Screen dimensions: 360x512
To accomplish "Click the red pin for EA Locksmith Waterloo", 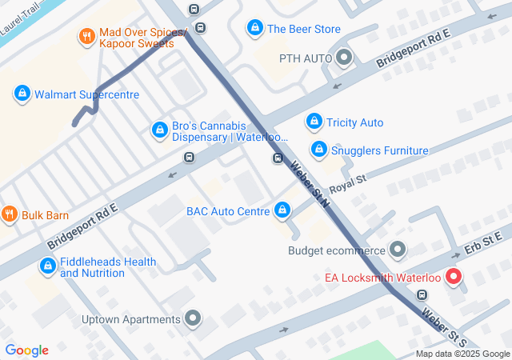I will [453, 277].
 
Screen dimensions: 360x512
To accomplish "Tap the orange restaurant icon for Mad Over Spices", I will [86, 36].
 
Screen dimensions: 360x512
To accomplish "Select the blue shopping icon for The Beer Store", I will [254, 29].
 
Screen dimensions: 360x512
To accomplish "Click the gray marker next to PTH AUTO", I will [345, 58].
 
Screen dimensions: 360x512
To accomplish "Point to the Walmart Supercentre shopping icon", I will [22, 94].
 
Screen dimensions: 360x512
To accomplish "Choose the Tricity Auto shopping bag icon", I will [314, 122].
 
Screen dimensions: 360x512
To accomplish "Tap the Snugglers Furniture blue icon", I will [319, 150].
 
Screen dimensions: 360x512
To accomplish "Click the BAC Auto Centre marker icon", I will [282, 210].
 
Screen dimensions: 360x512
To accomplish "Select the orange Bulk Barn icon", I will [9, 214].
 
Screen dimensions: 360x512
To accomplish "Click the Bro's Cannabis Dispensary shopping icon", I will [160, 130].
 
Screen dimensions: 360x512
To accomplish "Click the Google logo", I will [26, 350].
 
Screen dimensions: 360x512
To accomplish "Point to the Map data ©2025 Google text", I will [462, 354].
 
